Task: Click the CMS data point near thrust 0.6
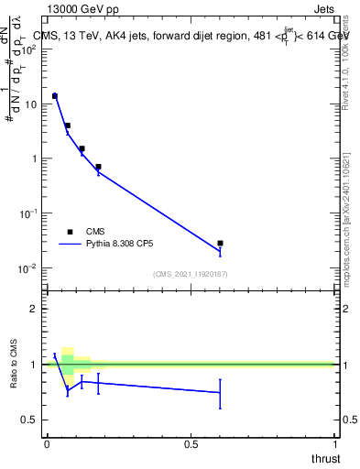(x=220, y=243)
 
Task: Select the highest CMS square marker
(x=55, y=95)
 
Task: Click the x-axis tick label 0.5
(x=191, y=444)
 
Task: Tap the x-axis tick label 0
(x=47, y=444)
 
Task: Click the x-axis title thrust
(x=324, y=458)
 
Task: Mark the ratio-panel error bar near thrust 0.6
(x=220, y=393)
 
